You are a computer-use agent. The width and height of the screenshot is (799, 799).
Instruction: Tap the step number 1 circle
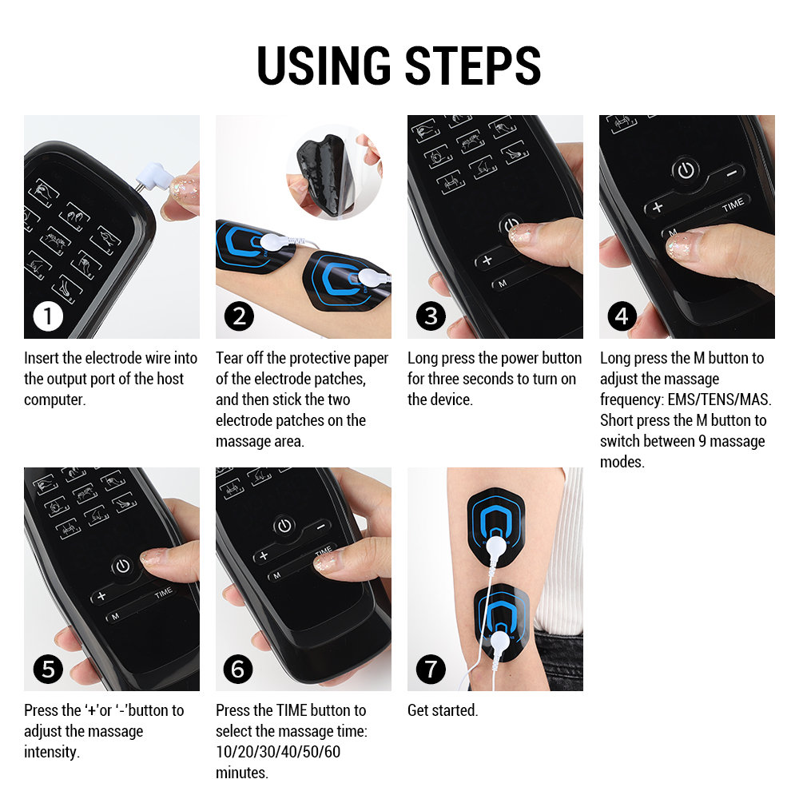48,316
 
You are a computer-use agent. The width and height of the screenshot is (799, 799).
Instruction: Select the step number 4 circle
622,316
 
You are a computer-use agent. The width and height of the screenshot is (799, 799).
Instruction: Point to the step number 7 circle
431,668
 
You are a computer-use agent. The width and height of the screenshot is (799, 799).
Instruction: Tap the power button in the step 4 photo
685,169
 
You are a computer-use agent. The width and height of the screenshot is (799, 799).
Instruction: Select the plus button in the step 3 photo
487,260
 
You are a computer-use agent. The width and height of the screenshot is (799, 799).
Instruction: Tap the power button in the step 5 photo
121,566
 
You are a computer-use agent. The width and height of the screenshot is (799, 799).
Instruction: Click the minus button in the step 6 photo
321,527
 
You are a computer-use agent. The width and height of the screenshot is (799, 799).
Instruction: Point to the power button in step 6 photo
284,525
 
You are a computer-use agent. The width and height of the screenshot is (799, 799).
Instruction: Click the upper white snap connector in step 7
498,547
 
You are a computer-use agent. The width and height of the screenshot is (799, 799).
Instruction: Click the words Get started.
443,710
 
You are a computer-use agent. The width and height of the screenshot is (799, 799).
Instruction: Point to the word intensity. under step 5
52,752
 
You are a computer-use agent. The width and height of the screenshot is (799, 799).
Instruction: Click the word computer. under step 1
54,399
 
